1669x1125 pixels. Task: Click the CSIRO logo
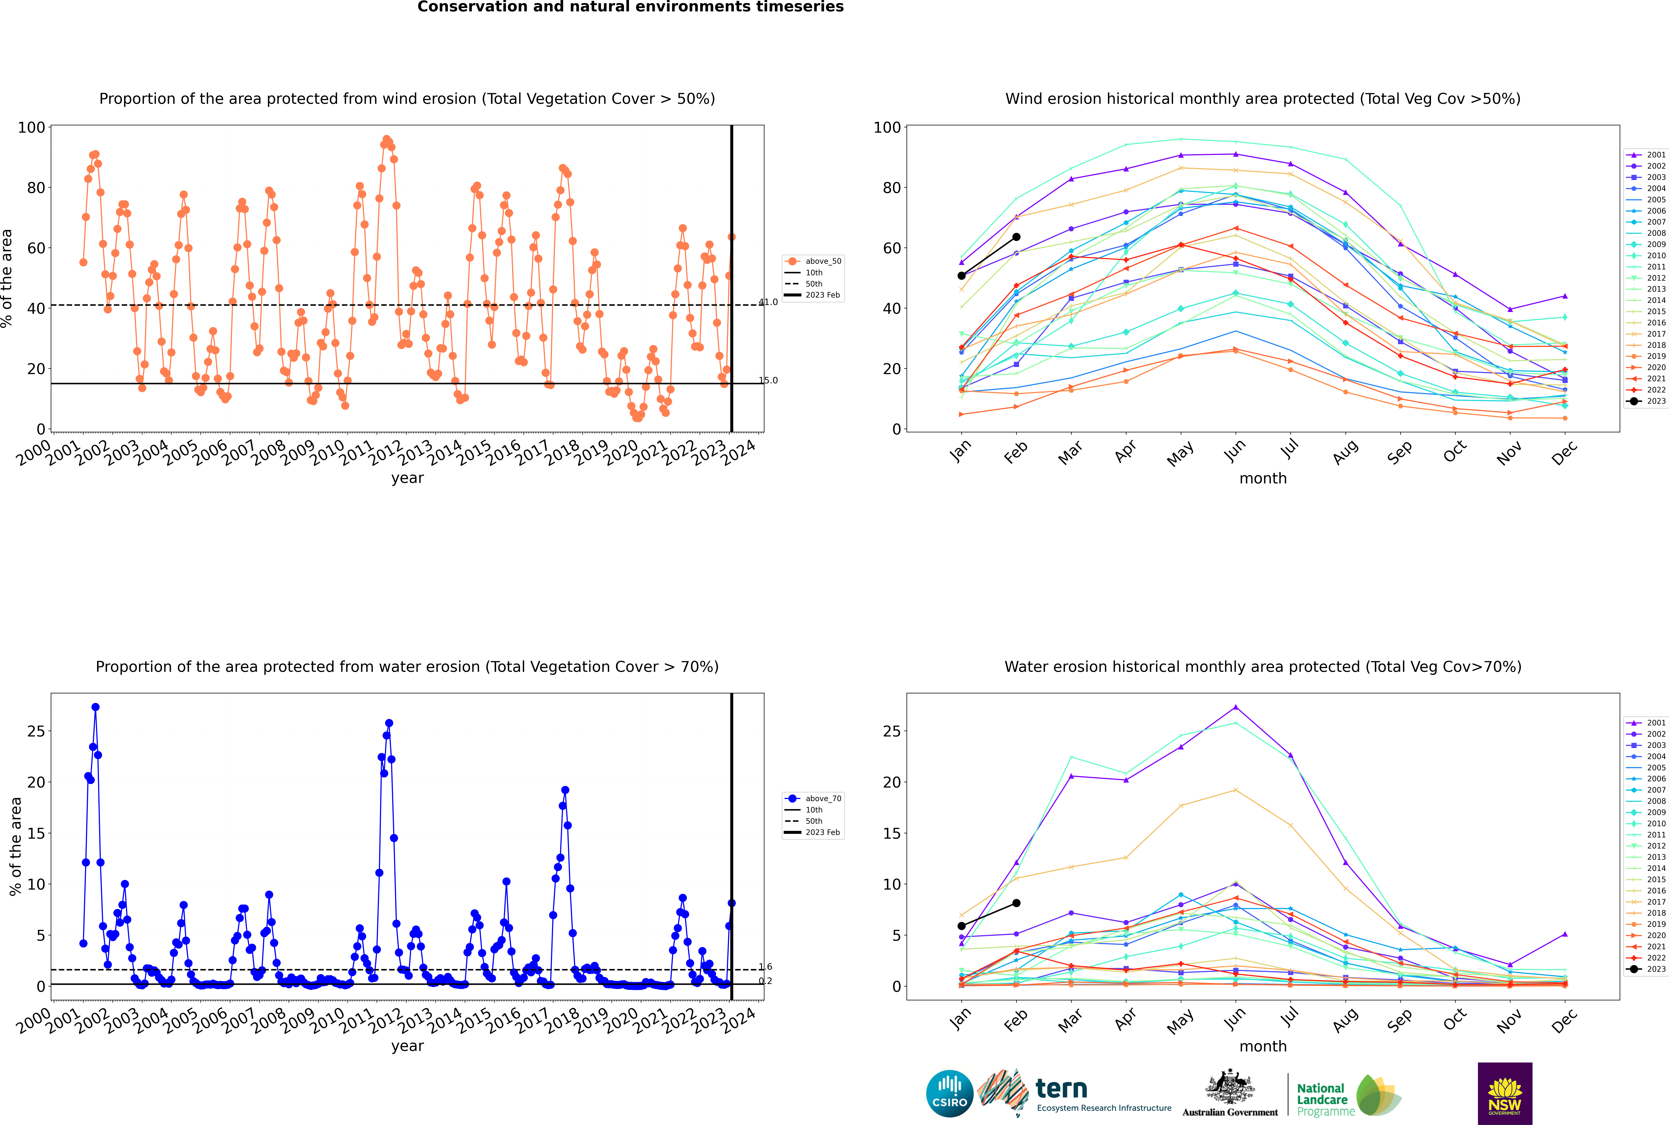[949, 1093]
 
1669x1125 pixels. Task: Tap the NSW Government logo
[1505, 1093]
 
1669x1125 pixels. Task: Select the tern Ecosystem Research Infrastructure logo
[1074, 1093]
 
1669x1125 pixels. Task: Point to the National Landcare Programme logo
[1349, 1095]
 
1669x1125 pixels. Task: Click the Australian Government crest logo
[1230, 1093]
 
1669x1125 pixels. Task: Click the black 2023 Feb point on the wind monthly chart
[1016, 237]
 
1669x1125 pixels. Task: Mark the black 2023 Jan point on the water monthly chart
[962, 926]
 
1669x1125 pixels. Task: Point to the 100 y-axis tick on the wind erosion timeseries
[32, 128]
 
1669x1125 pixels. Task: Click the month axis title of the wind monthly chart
[1263, 479]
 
